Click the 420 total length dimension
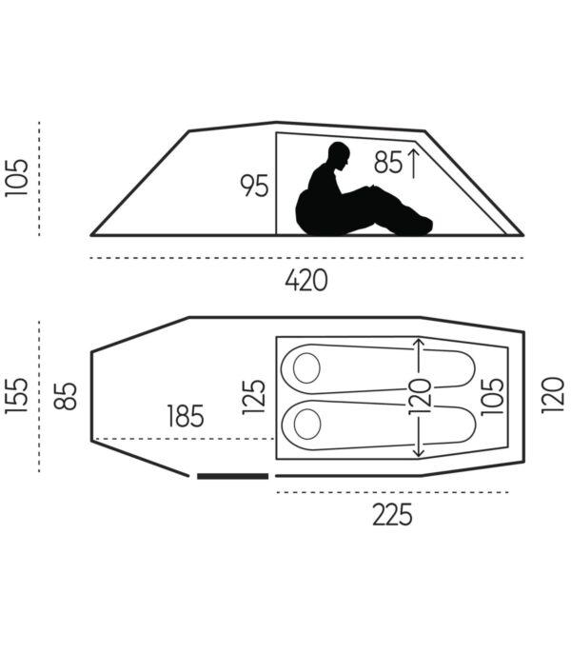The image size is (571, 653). click(306, 280)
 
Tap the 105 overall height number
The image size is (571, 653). click(17, 177)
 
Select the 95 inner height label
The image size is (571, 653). click(254, 186)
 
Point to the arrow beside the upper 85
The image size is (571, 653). click(413, 164)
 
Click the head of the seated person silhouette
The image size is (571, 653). click(339, 155)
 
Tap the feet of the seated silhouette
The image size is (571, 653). click(422, 226)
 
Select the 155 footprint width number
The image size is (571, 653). click(17, 396)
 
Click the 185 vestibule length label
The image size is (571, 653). click(186, 416)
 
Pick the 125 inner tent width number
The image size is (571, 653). click(254, 397)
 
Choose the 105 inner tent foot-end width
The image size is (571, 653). click(492, 397)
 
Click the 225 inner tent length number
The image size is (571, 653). click(392, 515)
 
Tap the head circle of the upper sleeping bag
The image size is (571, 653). click(306, 368)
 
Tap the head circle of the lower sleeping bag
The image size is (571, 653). click(307, 424)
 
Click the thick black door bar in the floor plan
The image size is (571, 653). click(232, 476)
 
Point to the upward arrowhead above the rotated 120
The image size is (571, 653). click(419, 343)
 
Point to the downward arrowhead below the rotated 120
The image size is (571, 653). click(419, 452)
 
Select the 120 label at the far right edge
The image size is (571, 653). click(552, 395)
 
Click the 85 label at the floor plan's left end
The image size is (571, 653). click(66, 396)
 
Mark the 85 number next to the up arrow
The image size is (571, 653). click(388, 163)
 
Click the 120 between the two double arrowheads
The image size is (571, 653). click(420, 397)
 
